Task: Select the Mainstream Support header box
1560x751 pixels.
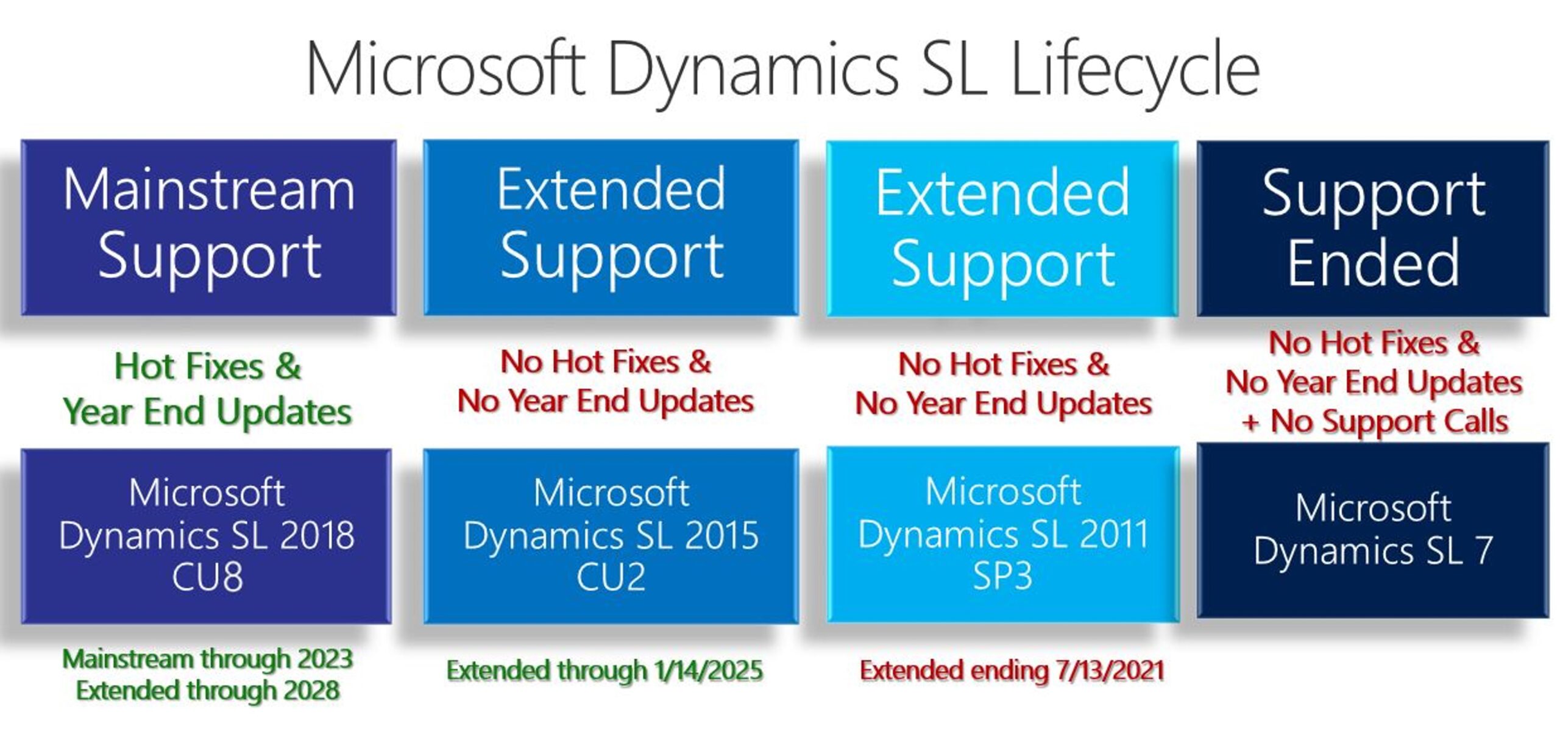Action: point(208,227)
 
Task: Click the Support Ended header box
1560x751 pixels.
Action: point(1373,229)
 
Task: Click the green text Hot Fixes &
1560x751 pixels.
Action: point(208,366)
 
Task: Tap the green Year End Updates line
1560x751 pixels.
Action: point(208,411)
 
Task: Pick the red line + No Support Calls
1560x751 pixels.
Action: point(1374,421)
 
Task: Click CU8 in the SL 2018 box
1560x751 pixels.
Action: point(207,577)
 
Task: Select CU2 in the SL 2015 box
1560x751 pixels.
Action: point(611,577)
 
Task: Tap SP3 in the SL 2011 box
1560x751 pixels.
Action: point(1002,575)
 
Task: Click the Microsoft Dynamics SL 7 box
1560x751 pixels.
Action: point(1373,530)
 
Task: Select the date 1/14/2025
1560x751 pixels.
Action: point(708,671)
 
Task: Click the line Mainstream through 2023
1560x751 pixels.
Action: point(208,659)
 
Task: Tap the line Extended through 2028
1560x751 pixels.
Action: point(208,691)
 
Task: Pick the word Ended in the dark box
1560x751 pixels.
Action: point(1374,263)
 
